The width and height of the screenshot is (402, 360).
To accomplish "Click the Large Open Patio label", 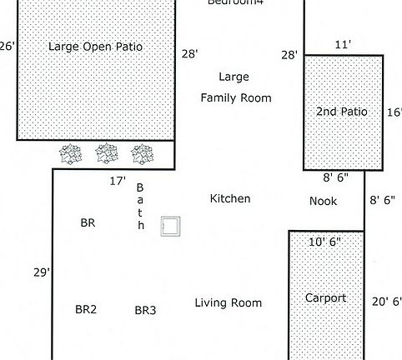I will click(x=95, y=47).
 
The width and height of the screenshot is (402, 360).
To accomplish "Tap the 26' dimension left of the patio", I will click(x=8, y=47).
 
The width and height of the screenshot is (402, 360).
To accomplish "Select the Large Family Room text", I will click(x=235, y=87).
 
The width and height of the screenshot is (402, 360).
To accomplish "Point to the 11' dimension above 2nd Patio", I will click(x=342, y=44).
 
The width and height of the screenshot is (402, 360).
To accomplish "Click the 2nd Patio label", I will click(x=342, y=111).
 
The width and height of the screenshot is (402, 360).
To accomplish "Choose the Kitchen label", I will click(x=229, y=199).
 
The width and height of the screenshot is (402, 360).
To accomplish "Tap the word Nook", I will click(x=323, y=201).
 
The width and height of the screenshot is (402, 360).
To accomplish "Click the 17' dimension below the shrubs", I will click(x=118, y=181).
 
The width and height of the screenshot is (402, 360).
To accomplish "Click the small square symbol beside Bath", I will click(x=171, y=226).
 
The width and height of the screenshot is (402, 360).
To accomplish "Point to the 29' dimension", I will click(x=42, y=272).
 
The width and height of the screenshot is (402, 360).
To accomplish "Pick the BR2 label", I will click(x=86, y=309).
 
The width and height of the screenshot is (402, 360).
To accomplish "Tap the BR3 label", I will click(x=145, y=310).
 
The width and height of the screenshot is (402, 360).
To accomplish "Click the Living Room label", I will click(x=228, y=303).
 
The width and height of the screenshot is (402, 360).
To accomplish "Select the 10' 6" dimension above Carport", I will click(x=324, y=242).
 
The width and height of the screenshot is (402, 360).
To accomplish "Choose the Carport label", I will click(x=325, y=297).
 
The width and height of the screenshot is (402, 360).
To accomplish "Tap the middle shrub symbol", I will click(x=106, y=153).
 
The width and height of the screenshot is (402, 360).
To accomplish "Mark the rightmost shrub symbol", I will click(x=143, y=153).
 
